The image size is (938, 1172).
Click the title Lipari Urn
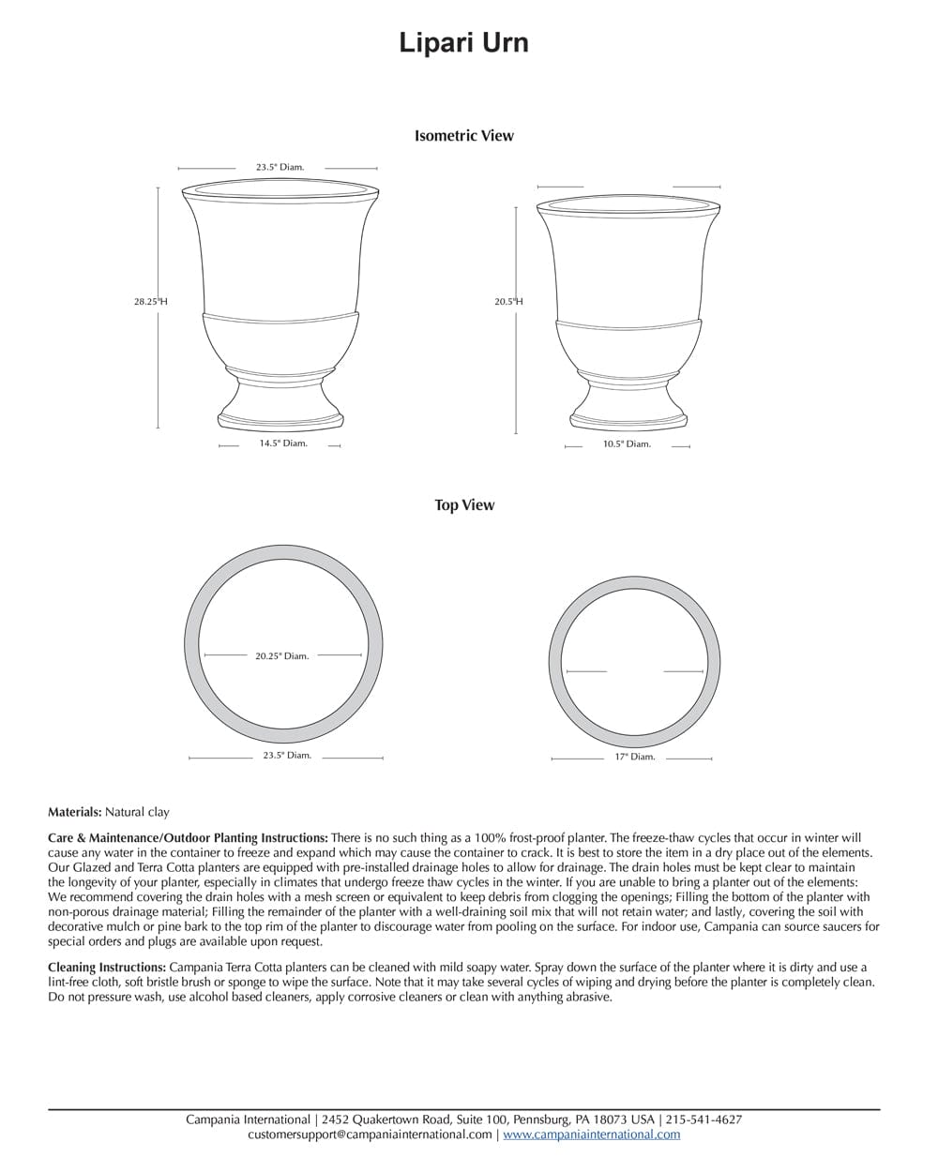click(463, 43)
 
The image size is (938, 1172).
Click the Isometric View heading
click(464, 136)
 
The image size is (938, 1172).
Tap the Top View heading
click(464, 505)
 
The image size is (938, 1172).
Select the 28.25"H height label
click(150, 302)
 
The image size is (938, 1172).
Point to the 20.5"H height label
click(508, 302)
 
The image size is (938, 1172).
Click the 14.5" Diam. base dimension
click(283, 443)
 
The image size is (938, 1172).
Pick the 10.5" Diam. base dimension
click(627, 444)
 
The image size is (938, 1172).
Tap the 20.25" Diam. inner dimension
click(281, 656)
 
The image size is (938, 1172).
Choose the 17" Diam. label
click(635, 757)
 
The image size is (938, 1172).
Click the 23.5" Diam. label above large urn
click(280, 168)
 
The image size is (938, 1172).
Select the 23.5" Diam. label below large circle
click(287, 756)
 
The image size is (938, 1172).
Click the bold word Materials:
click(75, 812)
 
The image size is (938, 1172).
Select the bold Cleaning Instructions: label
click(108, 968)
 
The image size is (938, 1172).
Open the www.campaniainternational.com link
click(591, 1134)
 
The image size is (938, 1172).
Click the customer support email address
click(370, 1134)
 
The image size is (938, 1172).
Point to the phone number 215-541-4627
click(703, 1119)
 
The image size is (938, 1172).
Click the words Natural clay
click(137, 812)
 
